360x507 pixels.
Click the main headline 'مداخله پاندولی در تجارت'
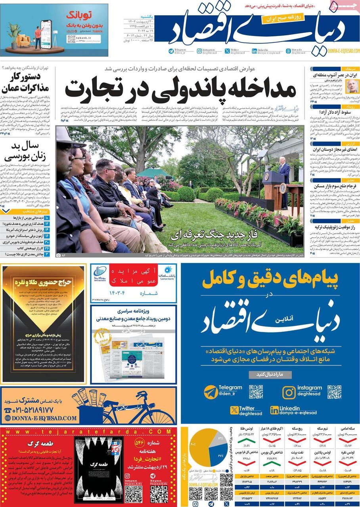pos(181,89)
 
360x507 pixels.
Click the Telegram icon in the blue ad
pos(210,392)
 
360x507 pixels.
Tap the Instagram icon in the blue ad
pos(289,392)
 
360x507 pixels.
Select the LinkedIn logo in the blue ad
pos(274,410)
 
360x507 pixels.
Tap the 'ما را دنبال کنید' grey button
pos(271,374)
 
